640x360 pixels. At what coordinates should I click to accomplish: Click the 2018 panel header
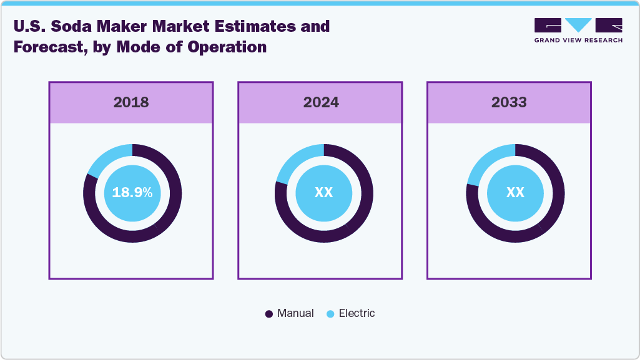[x=131, y=102]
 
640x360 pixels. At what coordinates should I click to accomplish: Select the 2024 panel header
[x=320, y=102]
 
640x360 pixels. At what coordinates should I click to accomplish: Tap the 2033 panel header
[x=509, y=102]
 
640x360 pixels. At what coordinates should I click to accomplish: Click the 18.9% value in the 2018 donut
[x=132, y=193]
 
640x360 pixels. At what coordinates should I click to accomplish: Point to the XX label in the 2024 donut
[x=323, y=193]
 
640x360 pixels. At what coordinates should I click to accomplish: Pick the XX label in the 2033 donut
[x=515, y=193]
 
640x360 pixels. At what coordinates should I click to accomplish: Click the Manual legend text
[x=295, y=313]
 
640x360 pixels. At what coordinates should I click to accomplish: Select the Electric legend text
[x=357, y=313]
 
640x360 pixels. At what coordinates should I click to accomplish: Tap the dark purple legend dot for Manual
[x=269, y=314]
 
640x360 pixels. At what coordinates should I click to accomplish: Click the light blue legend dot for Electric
[x=330, y=314]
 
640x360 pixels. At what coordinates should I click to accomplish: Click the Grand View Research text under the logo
[x=578, y=40]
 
